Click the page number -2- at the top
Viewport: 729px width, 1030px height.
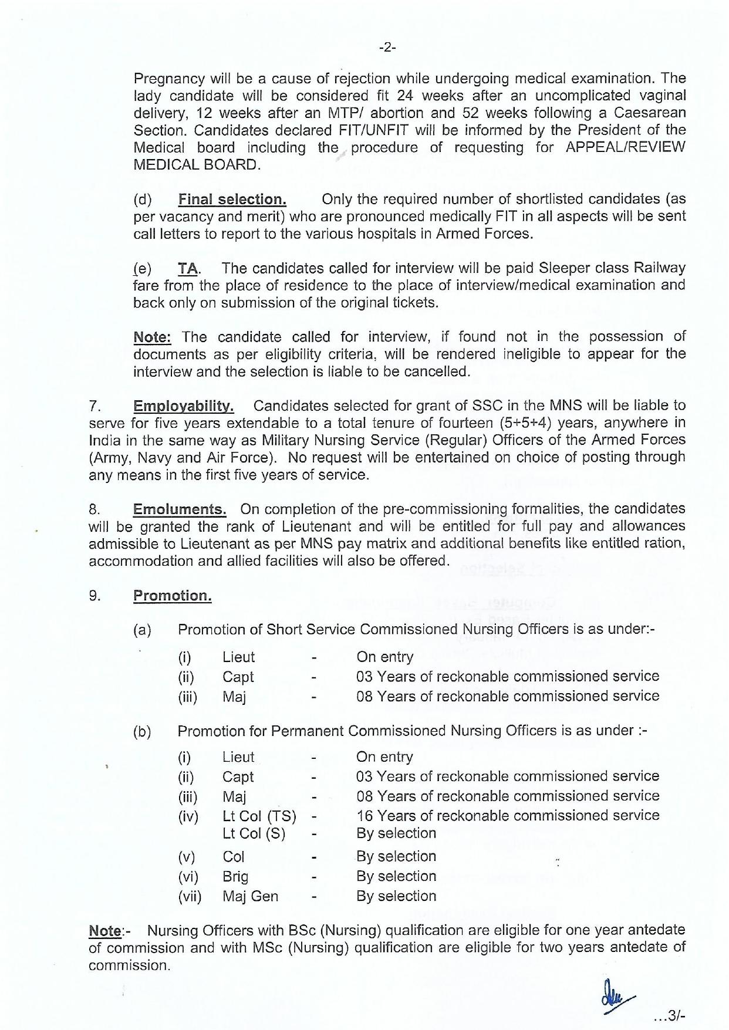(x=387, y=48)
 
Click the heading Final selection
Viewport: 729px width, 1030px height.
(x=232, y=199)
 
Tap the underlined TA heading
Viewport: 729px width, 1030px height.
(x=188, y=268)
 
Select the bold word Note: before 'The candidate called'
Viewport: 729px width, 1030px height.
(x=152, y=337)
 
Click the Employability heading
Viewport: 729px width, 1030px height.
(x=184, y=406)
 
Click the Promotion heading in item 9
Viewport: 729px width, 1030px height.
(x=172, y=596)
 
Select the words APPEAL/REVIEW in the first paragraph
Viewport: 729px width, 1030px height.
(x=625, y=147)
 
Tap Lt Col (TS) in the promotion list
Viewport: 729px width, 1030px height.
(x=259, y=816)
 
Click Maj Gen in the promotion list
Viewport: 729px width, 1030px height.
(x=250, y=896)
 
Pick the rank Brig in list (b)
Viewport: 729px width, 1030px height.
(x=235, y=876)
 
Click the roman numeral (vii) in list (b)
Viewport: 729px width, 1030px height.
(x=190, y=897)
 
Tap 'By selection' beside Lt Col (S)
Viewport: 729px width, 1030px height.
(x=396, y=833)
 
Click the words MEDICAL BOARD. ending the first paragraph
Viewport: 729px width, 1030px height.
(x=197, y=164)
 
